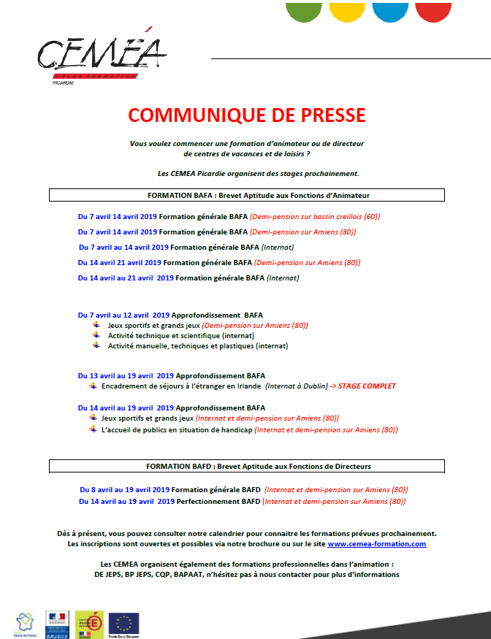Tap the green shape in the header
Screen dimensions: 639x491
tap(303, 11)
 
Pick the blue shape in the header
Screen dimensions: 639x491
tap(391, 11)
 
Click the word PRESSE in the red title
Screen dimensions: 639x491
tap(327, 115)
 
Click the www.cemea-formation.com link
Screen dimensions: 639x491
tap(376, 544)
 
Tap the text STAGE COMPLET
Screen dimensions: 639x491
tap(367, 386)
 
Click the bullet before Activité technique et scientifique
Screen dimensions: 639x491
tap(96, 335)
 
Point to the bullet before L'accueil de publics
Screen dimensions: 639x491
tap(93, 430)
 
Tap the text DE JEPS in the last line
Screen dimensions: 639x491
tap(112, 575)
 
